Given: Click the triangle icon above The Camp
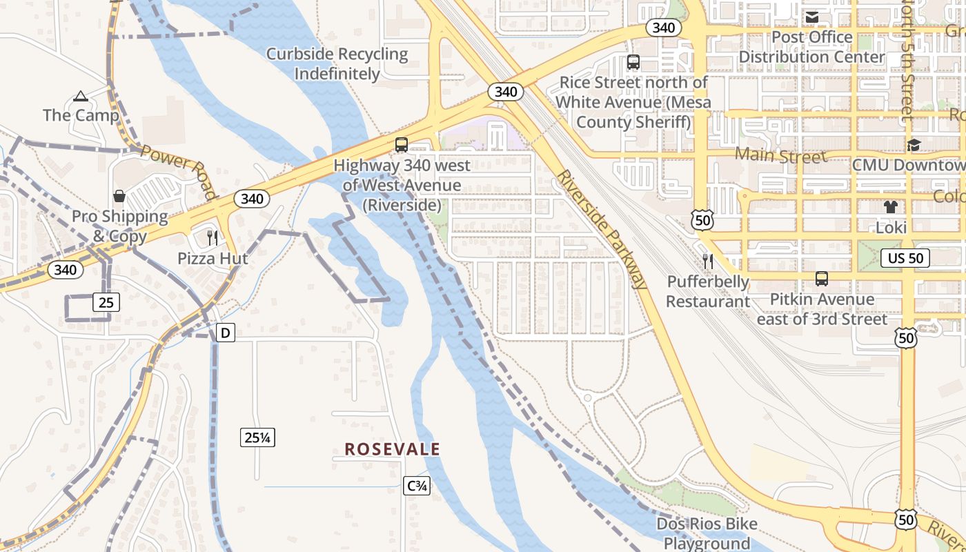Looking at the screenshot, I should (81, 96).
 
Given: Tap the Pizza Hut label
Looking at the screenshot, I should (213, 259).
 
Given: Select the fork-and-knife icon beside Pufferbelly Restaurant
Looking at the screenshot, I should (708, 261).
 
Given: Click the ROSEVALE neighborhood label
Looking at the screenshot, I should (392, 449).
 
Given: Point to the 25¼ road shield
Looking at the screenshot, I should (257, 437).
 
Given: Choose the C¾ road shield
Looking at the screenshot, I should (417, 486).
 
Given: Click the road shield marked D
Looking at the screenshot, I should (225, 333).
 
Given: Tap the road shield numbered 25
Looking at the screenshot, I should (105, 302).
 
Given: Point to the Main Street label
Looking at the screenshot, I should (780, 155).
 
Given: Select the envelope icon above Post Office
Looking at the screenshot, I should (812, 17).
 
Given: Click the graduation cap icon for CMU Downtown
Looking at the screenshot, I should (914, 145).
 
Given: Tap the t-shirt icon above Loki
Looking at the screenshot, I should (890, 206).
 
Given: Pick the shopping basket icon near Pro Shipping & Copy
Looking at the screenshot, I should (119, 196).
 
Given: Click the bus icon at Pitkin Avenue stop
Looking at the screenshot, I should (821, 279).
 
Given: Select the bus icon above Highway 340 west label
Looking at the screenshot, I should (401, 145).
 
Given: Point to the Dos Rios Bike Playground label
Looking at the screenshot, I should (707, 533).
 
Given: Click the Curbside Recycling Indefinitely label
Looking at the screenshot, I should (337, 63).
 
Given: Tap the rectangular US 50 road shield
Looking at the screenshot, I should (905, 258).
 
